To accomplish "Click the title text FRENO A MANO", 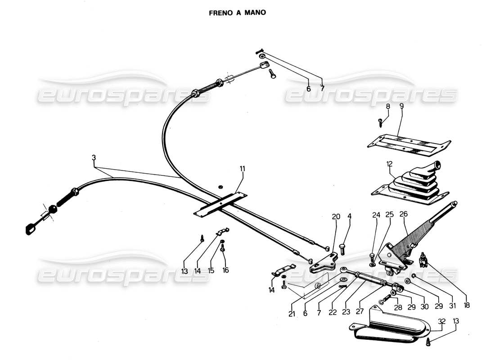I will coord(237,13).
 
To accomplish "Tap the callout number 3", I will coord(94,158).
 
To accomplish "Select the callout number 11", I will coord(243,169).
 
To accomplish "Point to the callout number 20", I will coord(336,216).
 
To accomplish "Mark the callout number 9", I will coord(402,107).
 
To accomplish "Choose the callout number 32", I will coord(441,322).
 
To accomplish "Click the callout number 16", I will coord(225,271).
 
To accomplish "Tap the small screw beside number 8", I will coord(380,121).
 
